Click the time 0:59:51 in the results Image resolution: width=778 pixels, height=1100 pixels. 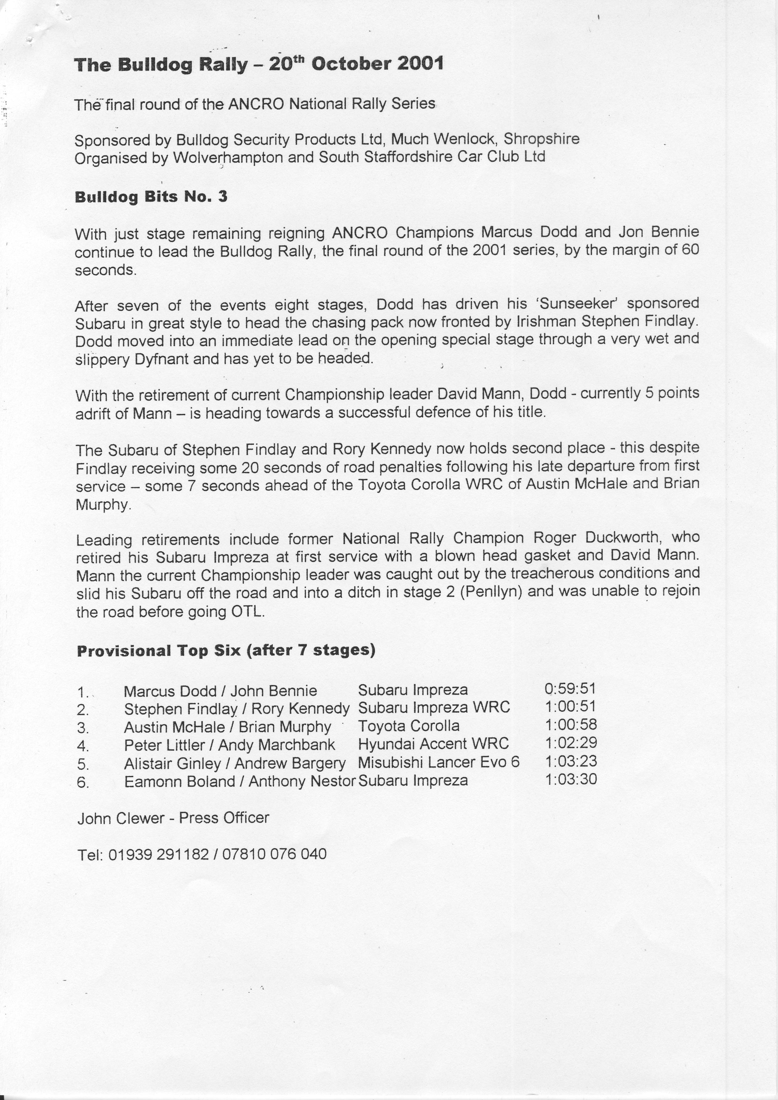coord(570,689)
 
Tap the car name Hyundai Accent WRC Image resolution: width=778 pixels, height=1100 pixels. coord(433,744)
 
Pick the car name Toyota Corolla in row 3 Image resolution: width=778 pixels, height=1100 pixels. coord(409,726)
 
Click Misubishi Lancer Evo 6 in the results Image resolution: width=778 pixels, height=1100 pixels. coord(438,762)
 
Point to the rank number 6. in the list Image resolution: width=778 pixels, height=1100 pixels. coord(83,782)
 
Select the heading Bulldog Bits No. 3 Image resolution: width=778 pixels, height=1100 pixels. coord(151,197)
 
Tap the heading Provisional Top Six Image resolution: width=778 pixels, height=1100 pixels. coord(160,651)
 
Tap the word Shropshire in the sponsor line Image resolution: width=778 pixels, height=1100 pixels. coord(541,139)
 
